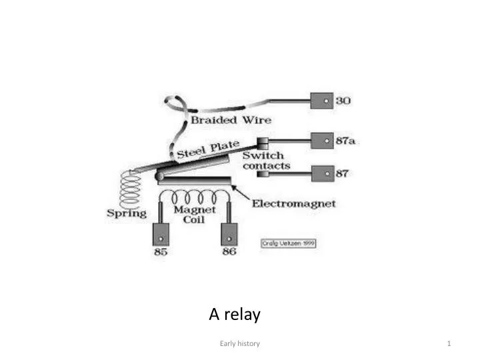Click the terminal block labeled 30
323,101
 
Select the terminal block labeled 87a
323,141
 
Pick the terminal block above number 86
229,234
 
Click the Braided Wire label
231,120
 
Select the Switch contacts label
266,161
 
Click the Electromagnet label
293,203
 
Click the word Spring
126,213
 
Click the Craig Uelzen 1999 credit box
288,243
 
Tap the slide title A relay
235,314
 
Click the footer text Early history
239,343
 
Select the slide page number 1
450,343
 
